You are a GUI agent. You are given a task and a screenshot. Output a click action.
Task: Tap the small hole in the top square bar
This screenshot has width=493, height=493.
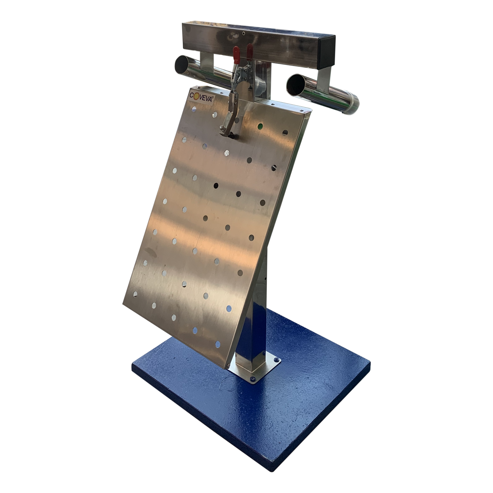(244, 33)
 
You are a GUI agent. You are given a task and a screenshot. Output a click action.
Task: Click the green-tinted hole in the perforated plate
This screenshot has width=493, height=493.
(260, 126)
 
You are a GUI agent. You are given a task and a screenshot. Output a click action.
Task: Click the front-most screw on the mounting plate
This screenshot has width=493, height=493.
(253, 378)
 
